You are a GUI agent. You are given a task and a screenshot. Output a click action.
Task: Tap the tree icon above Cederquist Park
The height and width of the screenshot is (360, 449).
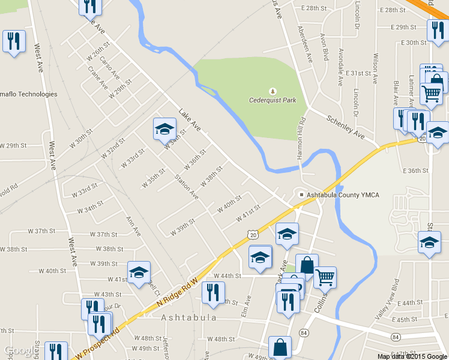click(273, 91)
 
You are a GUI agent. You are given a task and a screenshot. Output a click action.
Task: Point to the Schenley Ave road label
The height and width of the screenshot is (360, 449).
click(345, 127)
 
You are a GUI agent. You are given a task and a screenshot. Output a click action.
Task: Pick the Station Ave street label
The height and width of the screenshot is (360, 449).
click(186, 186)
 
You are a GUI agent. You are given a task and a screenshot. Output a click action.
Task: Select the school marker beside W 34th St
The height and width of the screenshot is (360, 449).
click(164, 128)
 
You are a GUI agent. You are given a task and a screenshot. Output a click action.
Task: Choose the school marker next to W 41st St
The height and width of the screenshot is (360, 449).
click(139, 272)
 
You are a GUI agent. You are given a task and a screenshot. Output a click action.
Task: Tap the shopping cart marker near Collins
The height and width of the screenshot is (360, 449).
click(325, 277)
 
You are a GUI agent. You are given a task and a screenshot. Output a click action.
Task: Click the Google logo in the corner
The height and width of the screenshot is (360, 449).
click(19, 350)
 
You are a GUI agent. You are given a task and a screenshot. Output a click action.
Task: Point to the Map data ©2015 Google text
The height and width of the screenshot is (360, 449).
click(412, 356)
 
